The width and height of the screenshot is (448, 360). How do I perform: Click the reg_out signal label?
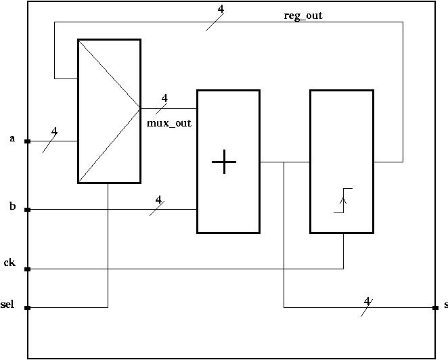coord(303,16)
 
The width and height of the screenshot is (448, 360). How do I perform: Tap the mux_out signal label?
coord(169,123)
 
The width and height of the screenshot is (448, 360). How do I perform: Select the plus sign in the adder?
coord(224,162)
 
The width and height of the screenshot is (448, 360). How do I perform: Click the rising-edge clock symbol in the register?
coord(343,200)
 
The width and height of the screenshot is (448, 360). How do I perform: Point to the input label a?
coord(12,139)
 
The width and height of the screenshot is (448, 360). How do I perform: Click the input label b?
coord(12,206)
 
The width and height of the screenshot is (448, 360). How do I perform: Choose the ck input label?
coord(9,263)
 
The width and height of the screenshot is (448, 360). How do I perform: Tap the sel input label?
coord(7,305)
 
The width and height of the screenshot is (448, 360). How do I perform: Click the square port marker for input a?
coord(28,141)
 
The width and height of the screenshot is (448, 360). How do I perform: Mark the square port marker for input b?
coord(28,210)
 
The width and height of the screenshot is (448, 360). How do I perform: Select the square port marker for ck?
coord(28,269)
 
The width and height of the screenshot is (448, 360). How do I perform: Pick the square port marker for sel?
coord(28,308)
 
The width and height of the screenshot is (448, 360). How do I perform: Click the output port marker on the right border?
coord(435,308)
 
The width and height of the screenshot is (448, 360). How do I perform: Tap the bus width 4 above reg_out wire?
coord(221,9)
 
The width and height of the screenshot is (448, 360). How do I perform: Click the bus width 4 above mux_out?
coord(164,98)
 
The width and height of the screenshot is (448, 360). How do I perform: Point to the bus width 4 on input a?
coord(54,131)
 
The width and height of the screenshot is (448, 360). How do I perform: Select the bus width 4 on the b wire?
coord(159,200)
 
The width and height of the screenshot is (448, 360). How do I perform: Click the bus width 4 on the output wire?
coord(367,301)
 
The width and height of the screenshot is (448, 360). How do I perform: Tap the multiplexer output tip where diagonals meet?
coord(140,108)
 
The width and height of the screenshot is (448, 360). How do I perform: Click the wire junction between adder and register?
coord(284,162)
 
